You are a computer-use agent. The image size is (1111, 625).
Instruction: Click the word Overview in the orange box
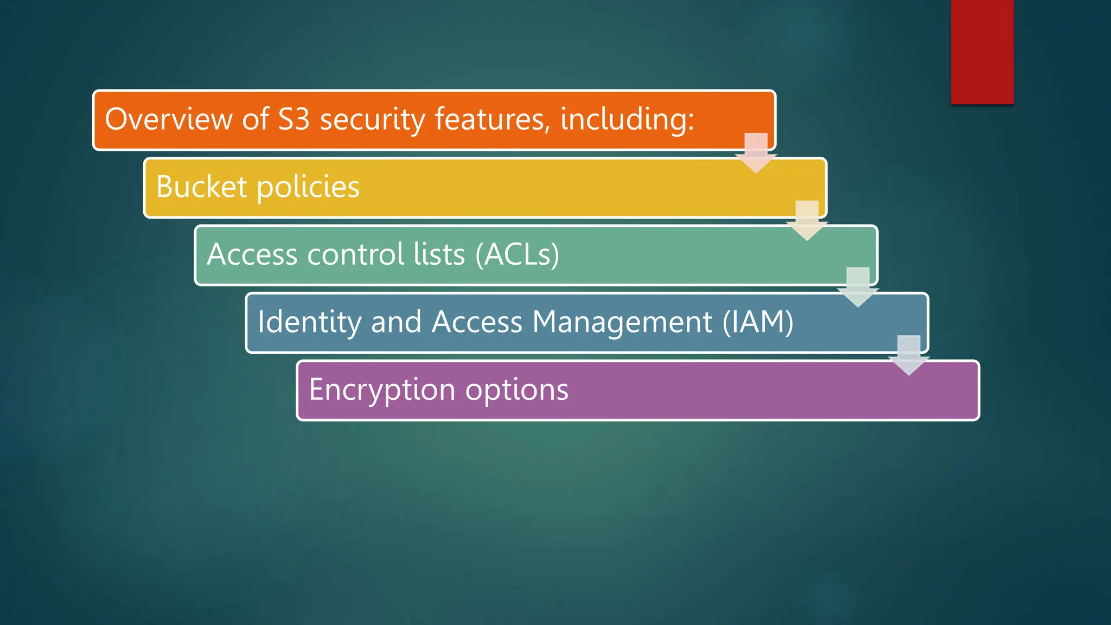[x=168, y=119]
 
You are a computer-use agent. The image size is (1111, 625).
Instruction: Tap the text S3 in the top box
[x=293, y=119]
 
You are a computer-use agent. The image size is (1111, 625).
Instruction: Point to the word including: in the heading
[x=627, y=119]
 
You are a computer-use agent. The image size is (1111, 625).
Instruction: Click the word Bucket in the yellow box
[x=202, y=187]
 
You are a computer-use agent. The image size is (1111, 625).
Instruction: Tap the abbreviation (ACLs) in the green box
[x=517, y=254]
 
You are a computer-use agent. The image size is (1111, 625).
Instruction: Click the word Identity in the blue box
[x=309, y=322]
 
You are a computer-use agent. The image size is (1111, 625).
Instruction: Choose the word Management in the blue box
[x=622, y=322]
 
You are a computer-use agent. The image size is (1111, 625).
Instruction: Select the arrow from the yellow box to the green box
[x=807, y=220]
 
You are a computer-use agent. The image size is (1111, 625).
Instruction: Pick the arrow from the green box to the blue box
[x=858, y=287]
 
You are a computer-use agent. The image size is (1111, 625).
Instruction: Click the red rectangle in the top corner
[x=982, y=52]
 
